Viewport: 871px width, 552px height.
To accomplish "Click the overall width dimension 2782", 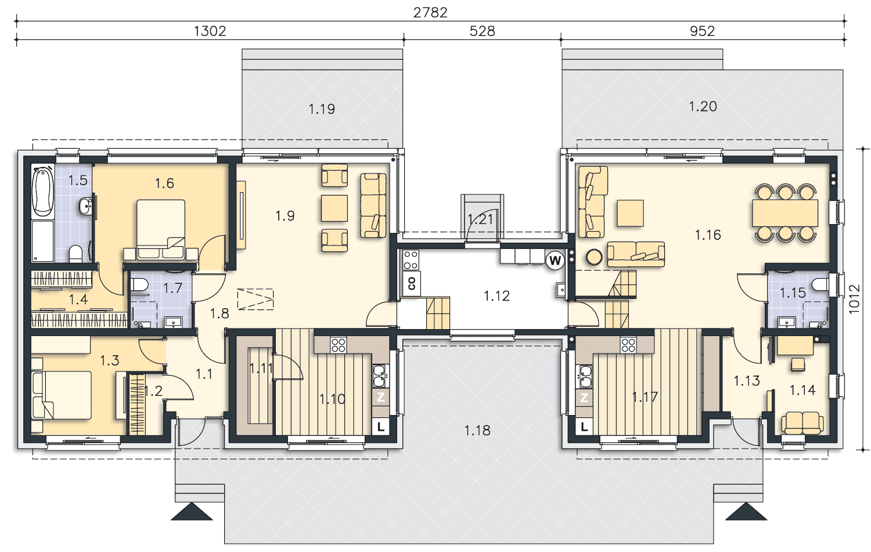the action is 430,13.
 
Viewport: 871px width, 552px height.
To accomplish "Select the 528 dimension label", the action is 482,31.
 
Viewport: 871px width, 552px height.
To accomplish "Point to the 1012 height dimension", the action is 854,300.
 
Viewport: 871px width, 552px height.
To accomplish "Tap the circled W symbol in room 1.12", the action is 555,261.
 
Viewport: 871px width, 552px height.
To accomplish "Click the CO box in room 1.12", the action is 411,283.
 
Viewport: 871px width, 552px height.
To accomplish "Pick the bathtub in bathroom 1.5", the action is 43,192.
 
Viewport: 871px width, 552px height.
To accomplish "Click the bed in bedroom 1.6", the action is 161,230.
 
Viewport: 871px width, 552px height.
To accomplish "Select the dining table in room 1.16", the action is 784,212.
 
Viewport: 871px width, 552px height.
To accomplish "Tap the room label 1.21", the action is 481,219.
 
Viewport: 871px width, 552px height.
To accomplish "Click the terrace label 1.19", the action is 322,109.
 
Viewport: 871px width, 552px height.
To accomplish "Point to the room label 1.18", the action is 477,430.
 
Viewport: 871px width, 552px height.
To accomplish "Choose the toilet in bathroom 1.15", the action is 820,284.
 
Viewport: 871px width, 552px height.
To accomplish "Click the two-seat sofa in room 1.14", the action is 802,423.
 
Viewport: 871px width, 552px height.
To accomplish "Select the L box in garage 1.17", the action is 584,427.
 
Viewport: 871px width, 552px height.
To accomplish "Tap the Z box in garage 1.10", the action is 381,397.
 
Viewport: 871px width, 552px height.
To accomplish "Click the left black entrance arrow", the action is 192,511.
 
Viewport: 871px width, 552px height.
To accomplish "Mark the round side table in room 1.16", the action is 594,257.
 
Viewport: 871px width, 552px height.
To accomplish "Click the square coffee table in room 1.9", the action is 334,208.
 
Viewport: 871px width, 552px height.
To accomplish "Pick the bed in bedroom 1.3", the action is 62,395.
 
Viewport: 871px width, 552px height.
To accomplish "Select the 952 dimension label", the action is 702,31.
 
